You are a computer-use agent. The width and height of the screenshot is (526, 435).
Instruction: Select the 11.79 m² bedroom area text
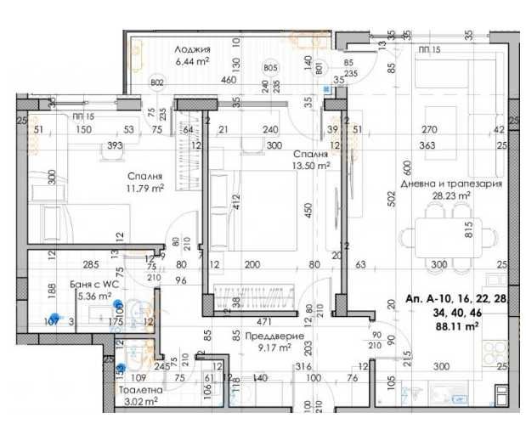tap(146, 189)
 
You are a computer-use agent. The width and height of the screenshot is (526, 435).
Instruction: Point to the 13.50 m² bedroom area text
tap(310, 167)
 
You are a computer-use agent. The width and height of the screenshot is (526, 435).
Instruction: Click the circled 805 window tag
tap(270, 68)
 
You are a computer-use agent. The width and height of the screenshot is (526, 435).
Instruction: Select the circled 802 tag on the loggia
tap(156, 82)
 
